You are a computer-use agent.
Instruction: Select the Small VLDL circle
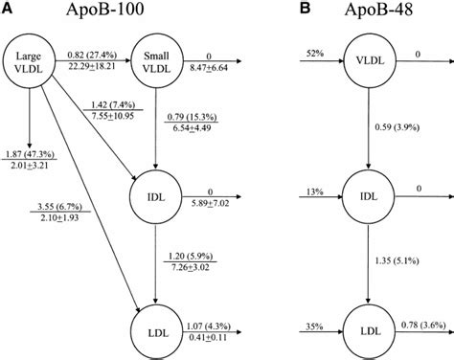pyautogui.click(x=158, y=62)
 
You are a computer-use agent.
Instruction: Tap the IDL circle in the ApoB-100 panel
pyautogui.click(x=158, y=198)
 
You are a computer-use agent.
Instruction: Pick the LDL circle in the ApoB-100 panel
pyautogui.click(x=158, y=332)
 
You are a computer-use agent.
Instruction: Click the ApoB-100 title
pyautogui.click(x=96, y=11)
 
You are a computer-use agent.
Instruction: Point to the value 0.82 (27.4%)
pyautogui.click(x=93, y=57)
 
